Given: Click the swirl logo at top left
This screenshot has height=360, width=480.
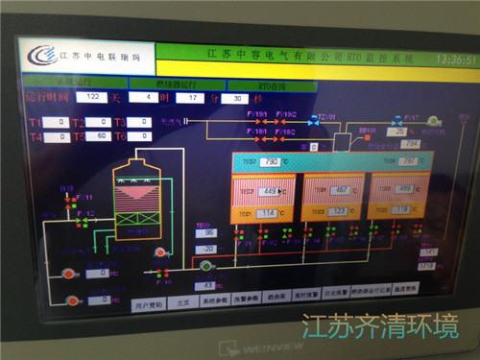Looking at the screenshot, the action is [x=40, y=57].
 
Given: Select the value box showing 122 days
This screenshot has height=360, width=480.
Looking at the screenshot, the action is [x=93, y=97].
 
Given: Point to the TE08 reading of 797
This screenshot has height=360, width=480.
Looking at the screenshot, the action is [x=408, y=160].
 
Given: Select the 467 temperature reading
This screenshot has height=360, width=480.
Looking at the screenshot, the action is [x=340, y=190].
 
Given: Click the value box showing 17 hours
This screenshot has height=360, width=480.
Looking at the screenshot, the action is [x=192, y=97].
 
